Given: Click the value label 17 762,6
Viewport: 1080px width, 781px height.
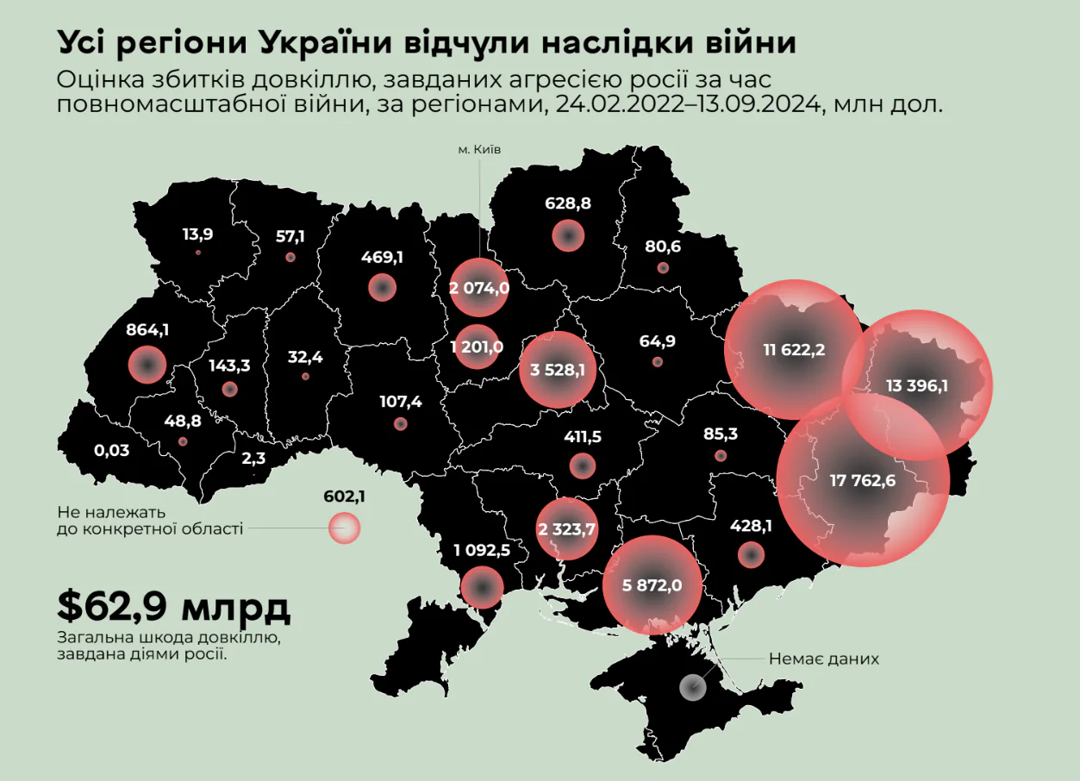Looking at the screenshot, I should [x=863, y=480].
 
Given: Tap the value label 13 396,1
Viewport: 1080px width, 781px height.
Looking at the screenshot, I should [x=916, y=385].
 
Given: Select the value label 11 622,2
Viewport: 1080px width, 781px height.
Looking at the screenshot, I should [x=794, y=350].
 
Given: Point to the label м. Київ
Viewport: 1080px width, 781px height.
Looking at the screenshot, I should [x=479, y=149].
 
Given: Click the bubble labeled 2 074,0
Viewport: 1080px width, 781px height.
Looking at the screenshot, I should [x=479, y=288].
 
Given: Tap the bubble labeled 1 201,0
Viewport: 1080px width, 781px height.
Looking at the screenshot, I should [x=476, y=347].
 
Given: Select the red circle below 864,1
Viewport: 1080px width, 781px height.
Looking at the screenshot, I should [x=147, y=365].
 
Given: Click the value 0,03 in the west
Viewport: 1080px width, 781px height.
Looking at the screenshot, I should [x=111, y=450].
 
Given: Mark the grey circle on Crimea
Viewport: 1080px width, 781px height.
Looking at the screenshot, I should [x=693, y=687].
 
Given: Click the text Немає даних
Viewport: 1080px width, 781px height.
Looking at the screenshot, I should [x=824, y=659].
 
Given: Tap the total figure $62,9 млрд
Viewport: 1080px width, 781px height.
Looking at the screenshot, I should [x=173, y=607].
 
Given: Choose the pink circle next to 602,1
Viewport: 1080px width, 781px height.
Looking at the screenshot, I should [x=344, y=528].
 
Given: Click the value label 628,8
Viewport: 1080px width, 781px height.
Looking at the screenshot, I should [x=568, y=203].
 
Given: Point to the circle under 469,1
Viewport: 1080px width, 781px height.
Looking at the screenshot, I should [x=382, y=288].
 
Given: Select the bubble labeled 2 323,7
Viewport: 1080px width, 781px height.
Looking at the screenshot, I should [x=566, y=528].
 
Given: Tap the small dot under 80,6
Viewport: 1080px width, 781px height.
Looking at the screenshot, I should [x=662, y=268].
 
